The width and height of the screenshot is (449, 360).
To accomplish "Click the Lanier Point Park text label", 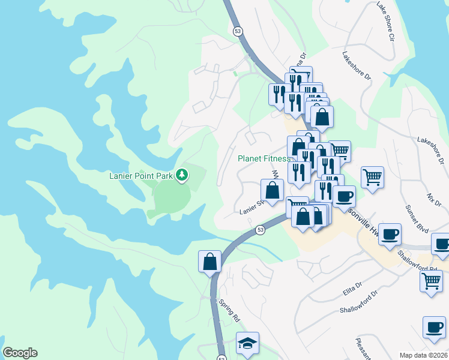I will point(141,175).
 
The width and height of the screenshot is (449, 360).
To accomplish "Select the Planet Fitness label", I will point(264,158).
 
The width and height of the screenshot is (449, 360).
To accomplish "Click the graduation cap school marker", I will point(247,343).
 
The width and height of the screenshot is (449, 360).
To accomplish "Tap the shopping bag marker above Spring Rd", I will point(209,262).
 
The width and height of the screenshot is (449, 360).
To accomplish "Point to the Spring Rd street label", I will point(229,309).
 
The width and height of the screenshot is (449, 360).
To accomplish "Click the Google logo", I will point(20,353).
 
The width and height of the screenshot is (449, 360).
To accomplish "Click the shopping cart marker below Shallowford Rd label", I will point(431,281).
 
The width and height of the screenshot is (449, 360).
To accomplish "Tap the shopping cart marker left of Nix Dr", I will point(372,177).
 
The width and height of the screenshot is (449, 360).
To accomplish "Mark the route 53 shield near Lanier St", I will point(260,229).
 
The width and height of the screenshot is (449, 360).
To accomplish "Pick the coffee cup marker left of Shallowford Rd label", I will point(390,233).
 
